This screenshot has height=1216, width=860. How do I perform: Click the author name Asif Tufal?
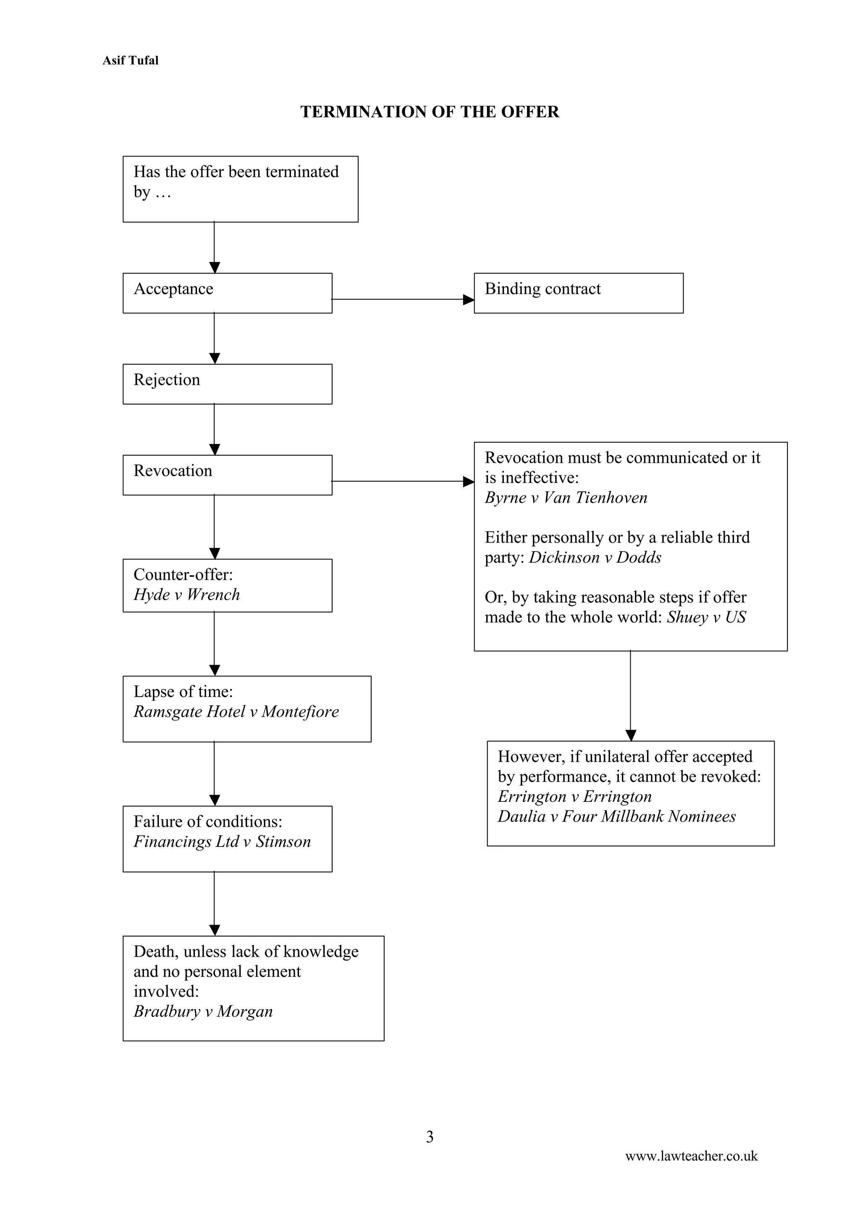(x=130, y=60)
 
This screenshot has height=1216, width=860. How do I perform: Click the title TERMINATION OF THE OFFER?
(x=429, y=112)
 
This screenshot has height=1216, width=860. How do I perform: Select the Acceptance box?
(x=227, y=293)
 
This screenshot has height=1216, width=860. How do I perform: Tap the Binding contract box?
(x=578, y=293)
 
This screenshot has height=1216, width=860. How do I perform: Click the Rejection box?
(x=227, y=384)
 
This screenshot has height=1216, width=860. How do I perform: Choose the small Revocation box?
(x=227, y=475)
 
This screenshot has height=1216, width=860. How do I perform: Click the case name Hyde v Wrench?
(x=186, y=595)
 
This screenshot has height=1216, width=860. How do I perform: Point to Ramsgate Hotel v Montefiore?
(x=236, y=712)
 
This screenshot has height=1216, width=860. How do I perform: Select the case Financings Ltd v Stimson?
(x=222, y=842)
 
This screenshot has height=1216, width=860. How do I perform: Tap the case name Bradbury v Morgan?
(x=203, y=1012)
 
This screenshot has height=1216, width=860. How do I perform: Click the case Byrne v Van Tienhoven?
(x=566, y=498)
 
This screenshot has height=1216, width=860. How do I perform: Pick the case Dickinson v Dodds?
(x=595, y=558)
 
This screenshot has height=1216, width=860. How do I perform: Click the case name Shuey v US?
(x=706, y=618)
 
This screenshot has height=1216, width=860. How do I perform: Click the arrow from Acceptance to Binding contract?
(x=403, y=299)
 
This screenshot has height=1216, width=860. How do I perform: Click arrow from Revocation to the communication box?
(x=403, y=481)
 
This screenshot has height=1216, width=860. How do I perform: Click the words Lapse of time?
(x=182, y=692)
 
